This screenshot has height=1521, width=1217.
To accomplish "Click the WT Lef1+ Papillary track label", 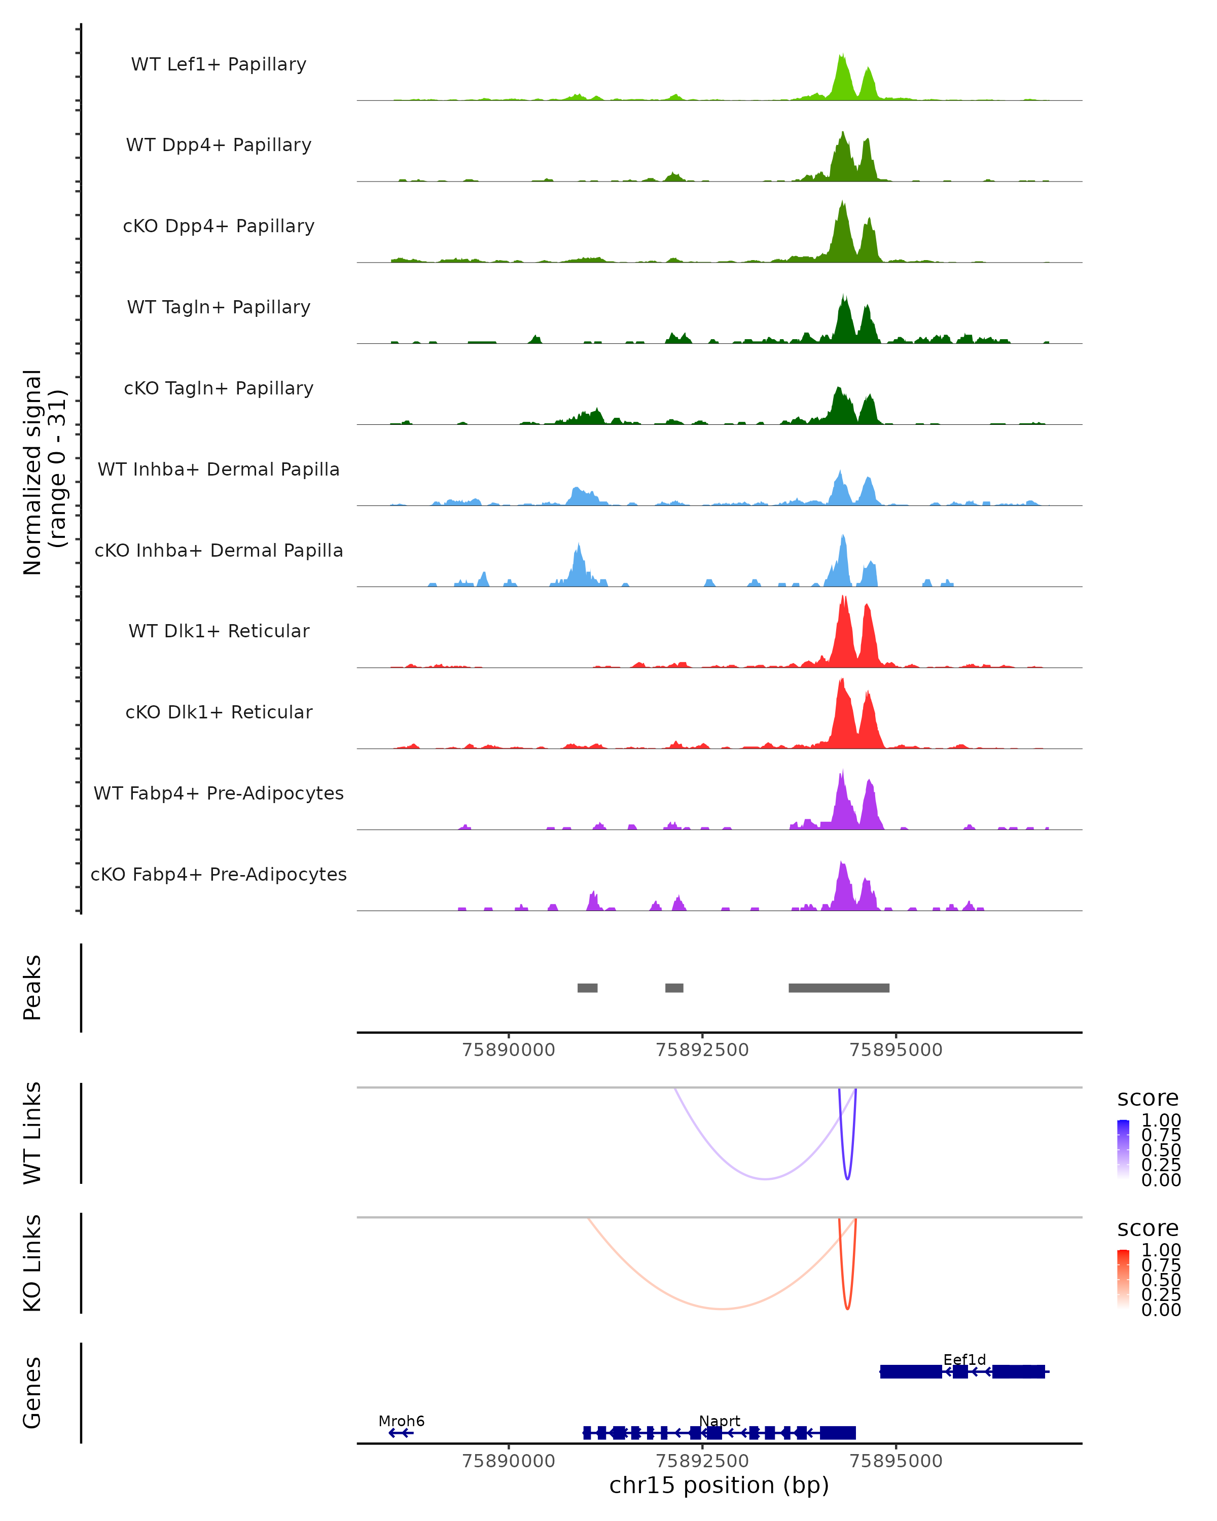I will coord(219,64).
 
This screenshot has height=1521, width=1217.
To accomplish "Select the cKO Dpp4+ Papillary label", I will coord(219,226).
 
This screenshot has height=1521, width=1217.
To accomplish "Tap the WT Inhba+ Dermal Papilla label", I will coord(219,469).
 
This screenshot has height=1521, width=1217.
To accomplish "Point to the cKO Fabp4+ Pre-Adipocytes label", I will coord(219,874).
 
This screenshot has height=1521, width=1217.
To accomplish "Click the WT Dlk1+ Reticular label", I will coord(219,631).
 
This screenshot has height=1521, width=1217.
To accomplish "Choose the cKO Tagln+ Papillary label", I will coord(219,388).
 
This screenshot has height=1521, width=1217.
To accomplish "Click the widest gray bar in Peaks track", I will coord(839,988).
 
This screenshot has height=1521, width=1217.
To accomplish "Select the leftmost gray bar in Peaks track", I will coord(587,988).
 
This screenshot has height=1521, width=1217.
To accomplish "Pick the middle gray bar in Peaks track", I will coord(674,988).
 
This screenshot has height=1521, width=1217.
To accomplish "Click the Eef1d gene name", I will coord(964,1359).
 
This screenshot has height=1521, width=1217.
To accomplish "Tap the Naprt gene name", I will coord(720,1421).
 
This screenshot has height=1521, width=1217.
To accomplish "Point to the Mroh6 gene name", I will coord(402,1421).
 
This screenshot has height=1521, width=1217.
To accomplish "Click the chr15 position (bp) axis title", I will coord(719,1485).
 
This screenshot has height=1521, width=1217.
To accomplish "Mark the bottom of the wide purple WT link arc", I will coord(766,1179).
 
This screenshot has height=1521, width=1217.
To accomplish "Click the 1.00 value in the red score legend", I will coord(1161,1250).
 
